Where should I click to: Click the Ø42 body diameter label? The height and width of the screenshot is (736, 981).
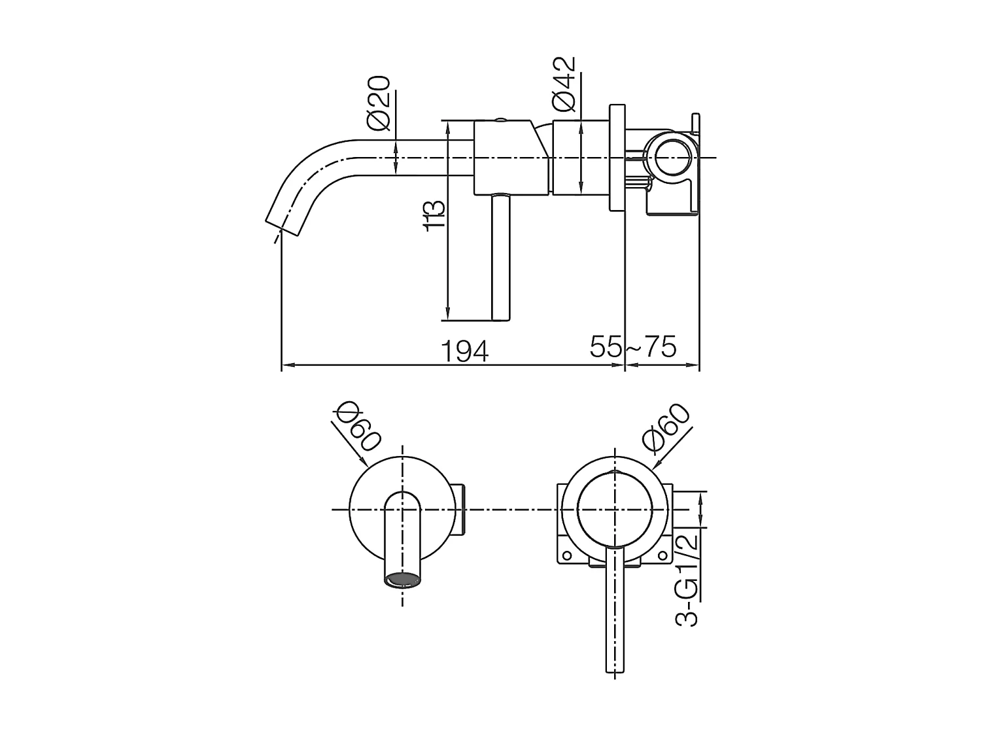click(x=564, y=83)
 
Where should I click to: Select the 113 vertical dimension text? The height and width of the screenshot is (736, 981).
click(x=434, y=216)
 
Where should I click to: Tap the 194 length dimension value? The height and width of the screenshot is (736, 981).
click(x=464, y=351)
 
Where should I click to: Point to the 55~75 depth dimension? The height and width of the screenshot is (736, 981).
click(x=632, y=347)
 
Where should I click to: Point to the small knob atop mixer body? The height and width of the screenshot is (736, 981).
click(x=500, y=120)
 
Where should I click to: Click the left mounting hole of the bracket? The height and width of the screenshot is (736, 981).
click(x=567, y=556)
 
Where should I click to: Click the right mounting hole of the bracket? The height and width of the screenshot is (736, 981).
click(x=663, y=556)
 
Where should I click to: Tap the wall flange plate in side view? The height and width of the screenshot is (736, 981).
click(x=617, y=158)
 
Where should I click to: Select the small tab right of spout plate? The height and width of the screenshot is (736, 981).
click(x=458, y=510)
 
